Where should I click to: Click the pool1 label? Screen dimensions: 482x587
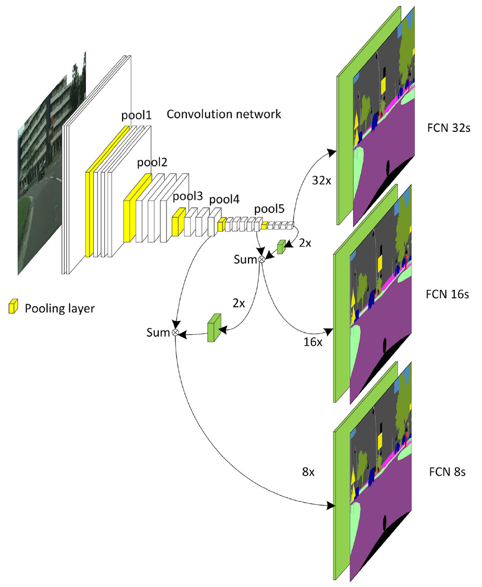137,115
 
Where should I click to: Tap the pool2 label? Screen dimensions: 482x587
152,162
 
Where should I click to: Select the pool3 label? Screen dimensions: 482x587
188,196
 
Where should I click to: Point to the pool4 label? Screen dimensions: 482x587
224,199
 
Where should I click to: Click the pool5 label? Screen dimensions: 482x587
269,209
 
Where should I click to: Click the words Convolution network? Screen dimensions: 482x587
224,114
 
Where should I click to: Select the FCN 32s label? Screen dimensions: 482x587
449,128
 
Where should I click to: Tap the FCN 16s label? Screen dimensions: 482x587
447,294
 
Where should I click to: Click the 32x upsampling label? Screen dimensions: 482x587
321,181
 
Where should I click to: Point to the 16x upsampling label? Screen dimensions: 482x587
313,342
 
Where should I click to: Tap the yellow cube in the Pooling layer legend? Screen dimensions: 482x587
13,306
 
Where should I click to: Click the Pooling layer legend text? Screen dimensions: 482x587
60,308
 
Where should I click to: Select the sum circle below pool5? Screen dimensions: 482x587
261,259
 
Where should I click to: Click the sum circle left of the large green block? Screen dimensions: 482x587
175,332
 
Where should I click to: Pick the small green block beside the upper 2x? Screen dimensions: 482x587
281,247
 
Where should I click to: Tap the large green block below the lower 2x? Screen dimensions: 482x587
214,328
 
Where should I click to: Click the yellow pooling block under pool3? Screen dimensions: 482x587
179,222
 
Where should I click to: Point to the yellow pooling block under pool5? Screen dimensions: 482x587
265,225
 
